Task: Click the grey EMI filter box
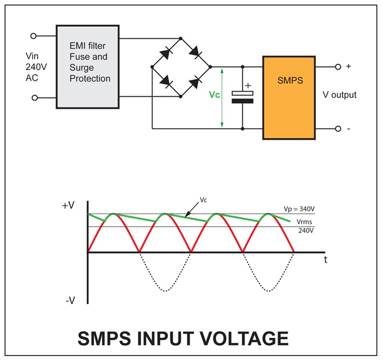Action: click(x=88, y=66)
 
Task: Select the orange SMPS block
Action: click(x=288, y=97)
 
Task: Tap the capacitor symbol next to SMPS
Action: click(x=243, y=97)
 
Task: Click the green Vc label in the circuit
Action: click(x=214, y=95)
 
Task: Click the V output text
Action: click(x=340, y=95)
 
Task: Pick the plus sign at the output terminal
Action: click(x=348, y=67)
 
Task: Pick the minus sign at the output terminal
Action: click(x=348, y=129)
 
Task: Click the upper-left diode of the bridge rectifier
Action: click(x=166, y=52)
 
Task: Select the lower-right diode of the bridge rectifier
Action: click(x=195, y=81)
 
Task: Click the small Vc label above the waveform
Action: click(x=203, y=201)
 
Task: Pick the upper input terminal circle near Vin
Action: click(x=34, y=35)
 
